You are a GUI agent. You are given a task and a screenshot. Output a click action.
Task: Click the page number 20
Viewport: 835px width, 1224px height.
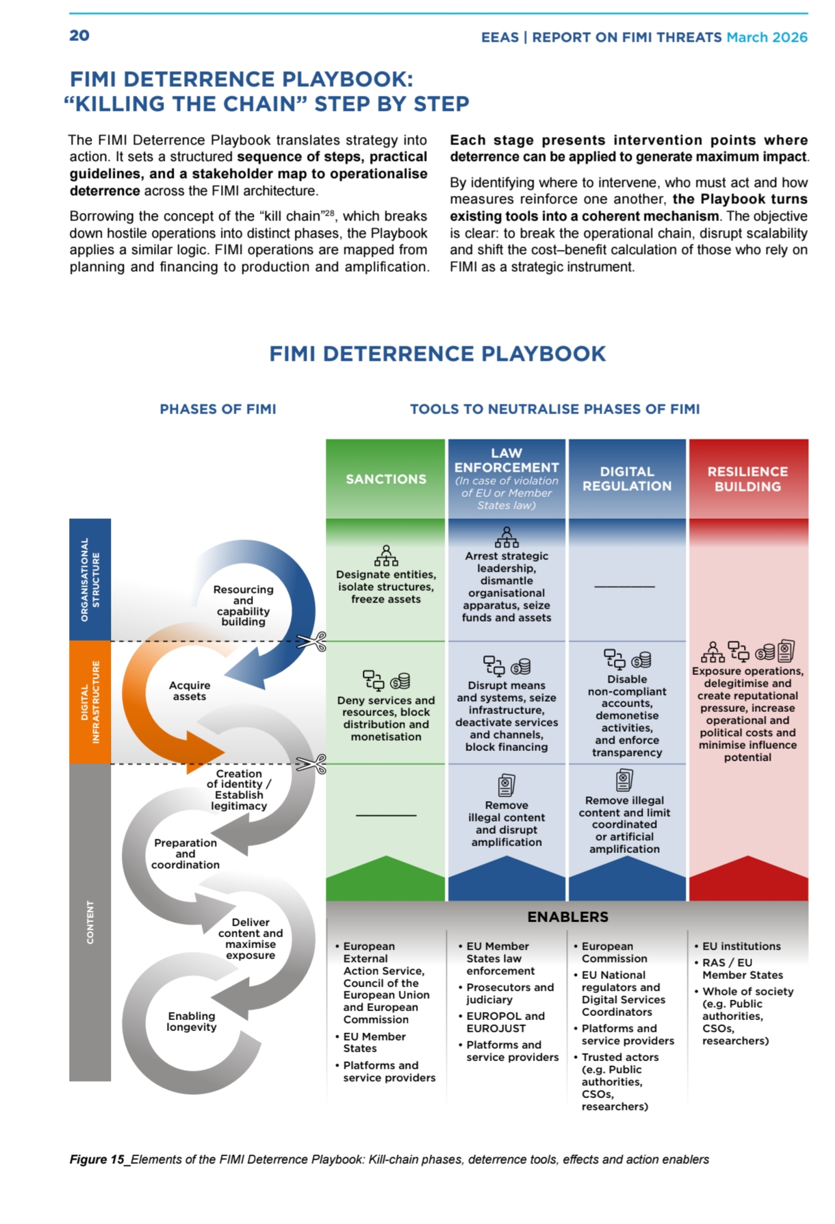coord(79,36)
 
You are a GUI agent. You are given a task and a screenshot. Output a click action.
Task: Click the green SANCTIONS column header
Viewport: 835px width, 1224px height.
coord(385,479)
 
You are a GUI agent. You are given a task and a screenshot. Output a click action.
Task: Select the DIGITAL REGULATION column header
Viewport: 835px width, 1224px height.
coord(627,479)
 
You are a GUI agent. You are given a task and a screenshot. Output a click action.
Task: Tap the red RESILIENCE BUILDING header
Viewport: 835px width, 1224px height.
coord(747,479)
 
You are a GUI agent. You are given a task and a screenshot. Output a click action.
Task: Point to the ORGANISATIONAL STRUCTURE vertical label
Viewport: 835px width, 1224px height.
coord(90,579)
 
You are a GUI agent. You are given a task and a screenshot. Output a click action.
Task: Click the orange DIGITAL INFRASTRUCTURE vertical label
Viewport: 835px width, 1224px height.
coord(90,702)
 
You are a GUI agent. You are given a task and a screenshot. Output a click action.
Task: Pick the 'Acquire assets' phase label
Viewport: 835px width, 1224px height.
coord(190,691)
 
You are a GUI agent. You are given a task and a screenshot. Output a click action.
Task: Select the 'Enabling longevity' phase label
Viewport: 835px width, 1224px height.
coord(192,1021)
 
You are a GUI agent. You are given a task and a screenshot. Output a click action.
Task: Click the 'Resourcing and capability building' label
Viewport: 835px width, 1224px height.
coord(243,605)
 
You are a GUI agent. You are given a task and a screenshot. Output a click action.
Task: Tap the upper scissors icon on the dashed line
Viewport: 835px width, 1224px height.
coord(311,641)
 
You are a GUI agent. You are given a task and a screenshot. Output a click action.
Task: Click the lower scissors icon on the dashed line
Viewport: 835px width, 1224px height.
coord(311,764)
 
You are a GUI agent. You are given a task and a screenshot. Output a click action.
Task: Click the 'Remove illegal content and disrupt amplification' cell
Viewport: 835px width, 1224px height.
coord(506,824)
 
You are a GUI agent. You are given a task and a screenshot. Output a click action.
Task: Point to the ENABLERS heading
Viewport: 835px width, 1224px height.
coord(567,917)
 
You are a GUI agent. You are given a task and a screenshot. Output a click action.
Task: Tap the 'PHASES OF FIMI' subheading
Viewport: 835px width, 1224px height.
coord(218,409)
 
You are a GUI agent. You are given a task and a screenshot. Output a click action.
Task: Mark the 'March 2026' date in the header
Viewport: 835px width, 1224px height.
coord(767,37)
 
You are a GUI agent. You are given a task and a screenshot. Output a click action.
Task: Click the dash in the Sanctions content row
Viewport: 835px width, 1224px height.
coord(386,815)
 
